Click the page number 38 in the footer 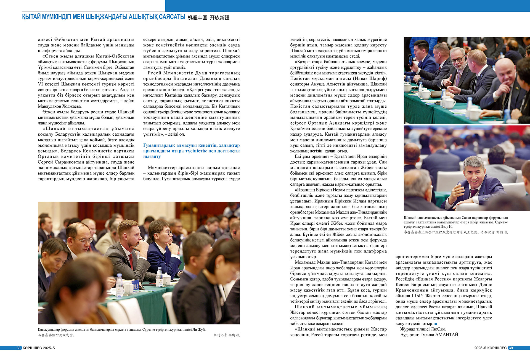(x=18, y=348)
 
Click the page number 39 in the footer (x=511, y=348)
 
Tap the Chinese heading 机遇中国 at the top (x=197, y=18)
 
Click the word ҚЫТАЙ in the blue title (x=31, y=17)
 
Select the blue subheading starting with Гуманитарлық (x=191, y=151)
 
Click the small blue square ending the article (x=436, y=324)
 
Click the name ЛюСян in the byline (x=438, y=329)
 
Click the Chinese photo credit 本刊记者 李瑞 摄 (x=226, y=335)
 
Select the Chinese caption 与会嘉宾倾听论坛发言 (x=56, y=335)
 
